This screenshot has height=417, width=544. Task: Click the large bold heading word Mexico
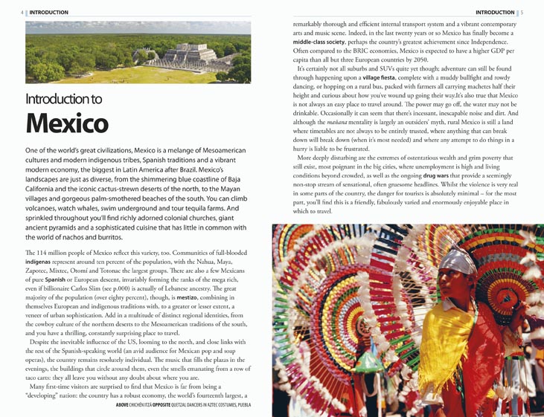click(68, 123)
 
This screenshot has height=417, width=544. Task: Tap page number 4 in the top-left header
click(22, 13)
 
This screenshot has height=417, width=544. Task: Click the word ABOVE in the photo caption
click(123, 405)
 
